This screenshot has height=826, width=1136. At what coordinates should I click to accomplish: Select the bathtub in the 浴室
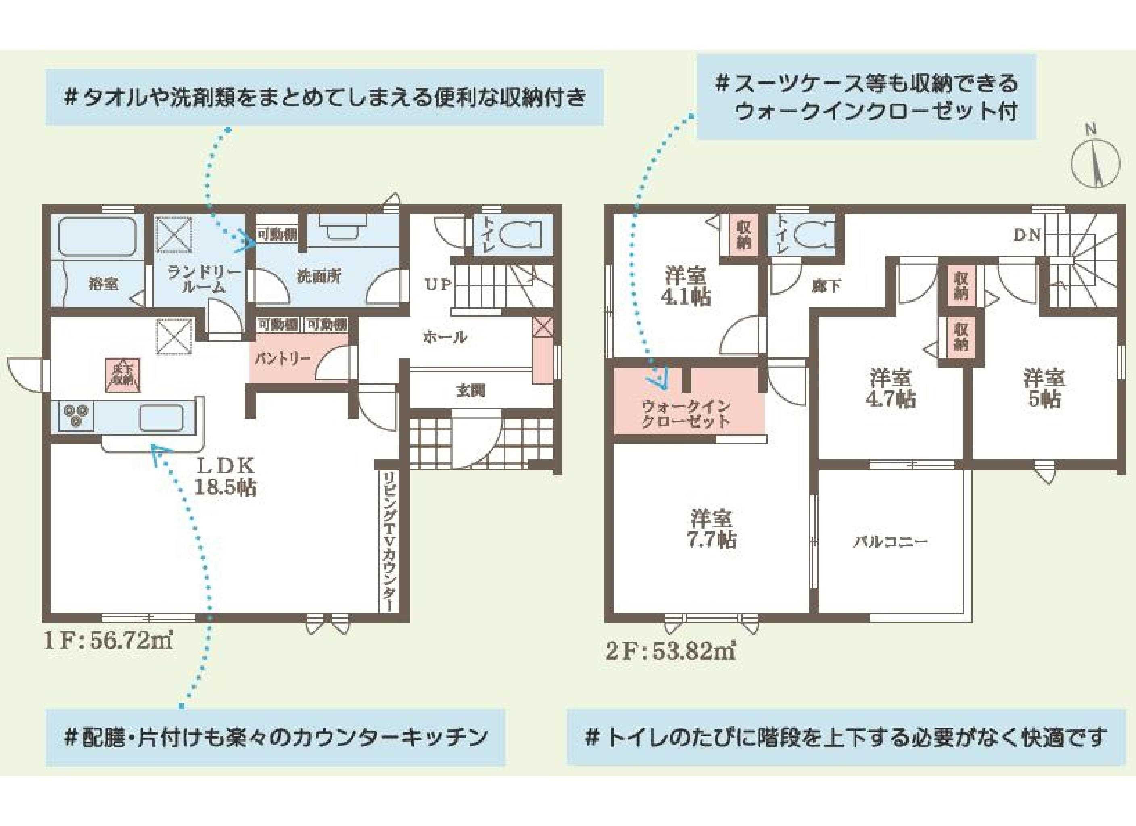coord(98,236)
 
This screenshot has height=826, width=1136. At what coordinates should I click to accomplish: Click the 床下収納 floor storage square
coord(122,375)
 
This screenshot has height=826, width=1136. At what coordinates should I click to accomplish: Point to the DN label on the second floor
coord(1028,235)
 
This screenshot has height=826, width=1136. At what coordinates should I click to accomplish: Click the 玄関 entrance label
coord(470,390)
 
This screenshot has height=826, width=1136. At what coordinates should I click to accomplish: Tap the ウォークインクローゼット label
coord(686,414)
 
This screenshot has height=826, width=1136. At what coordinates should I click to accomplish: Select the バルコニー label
coord(891,542)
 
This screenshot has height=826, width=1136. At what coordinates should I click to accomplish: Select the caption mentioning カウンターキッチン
coord(276,738)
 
